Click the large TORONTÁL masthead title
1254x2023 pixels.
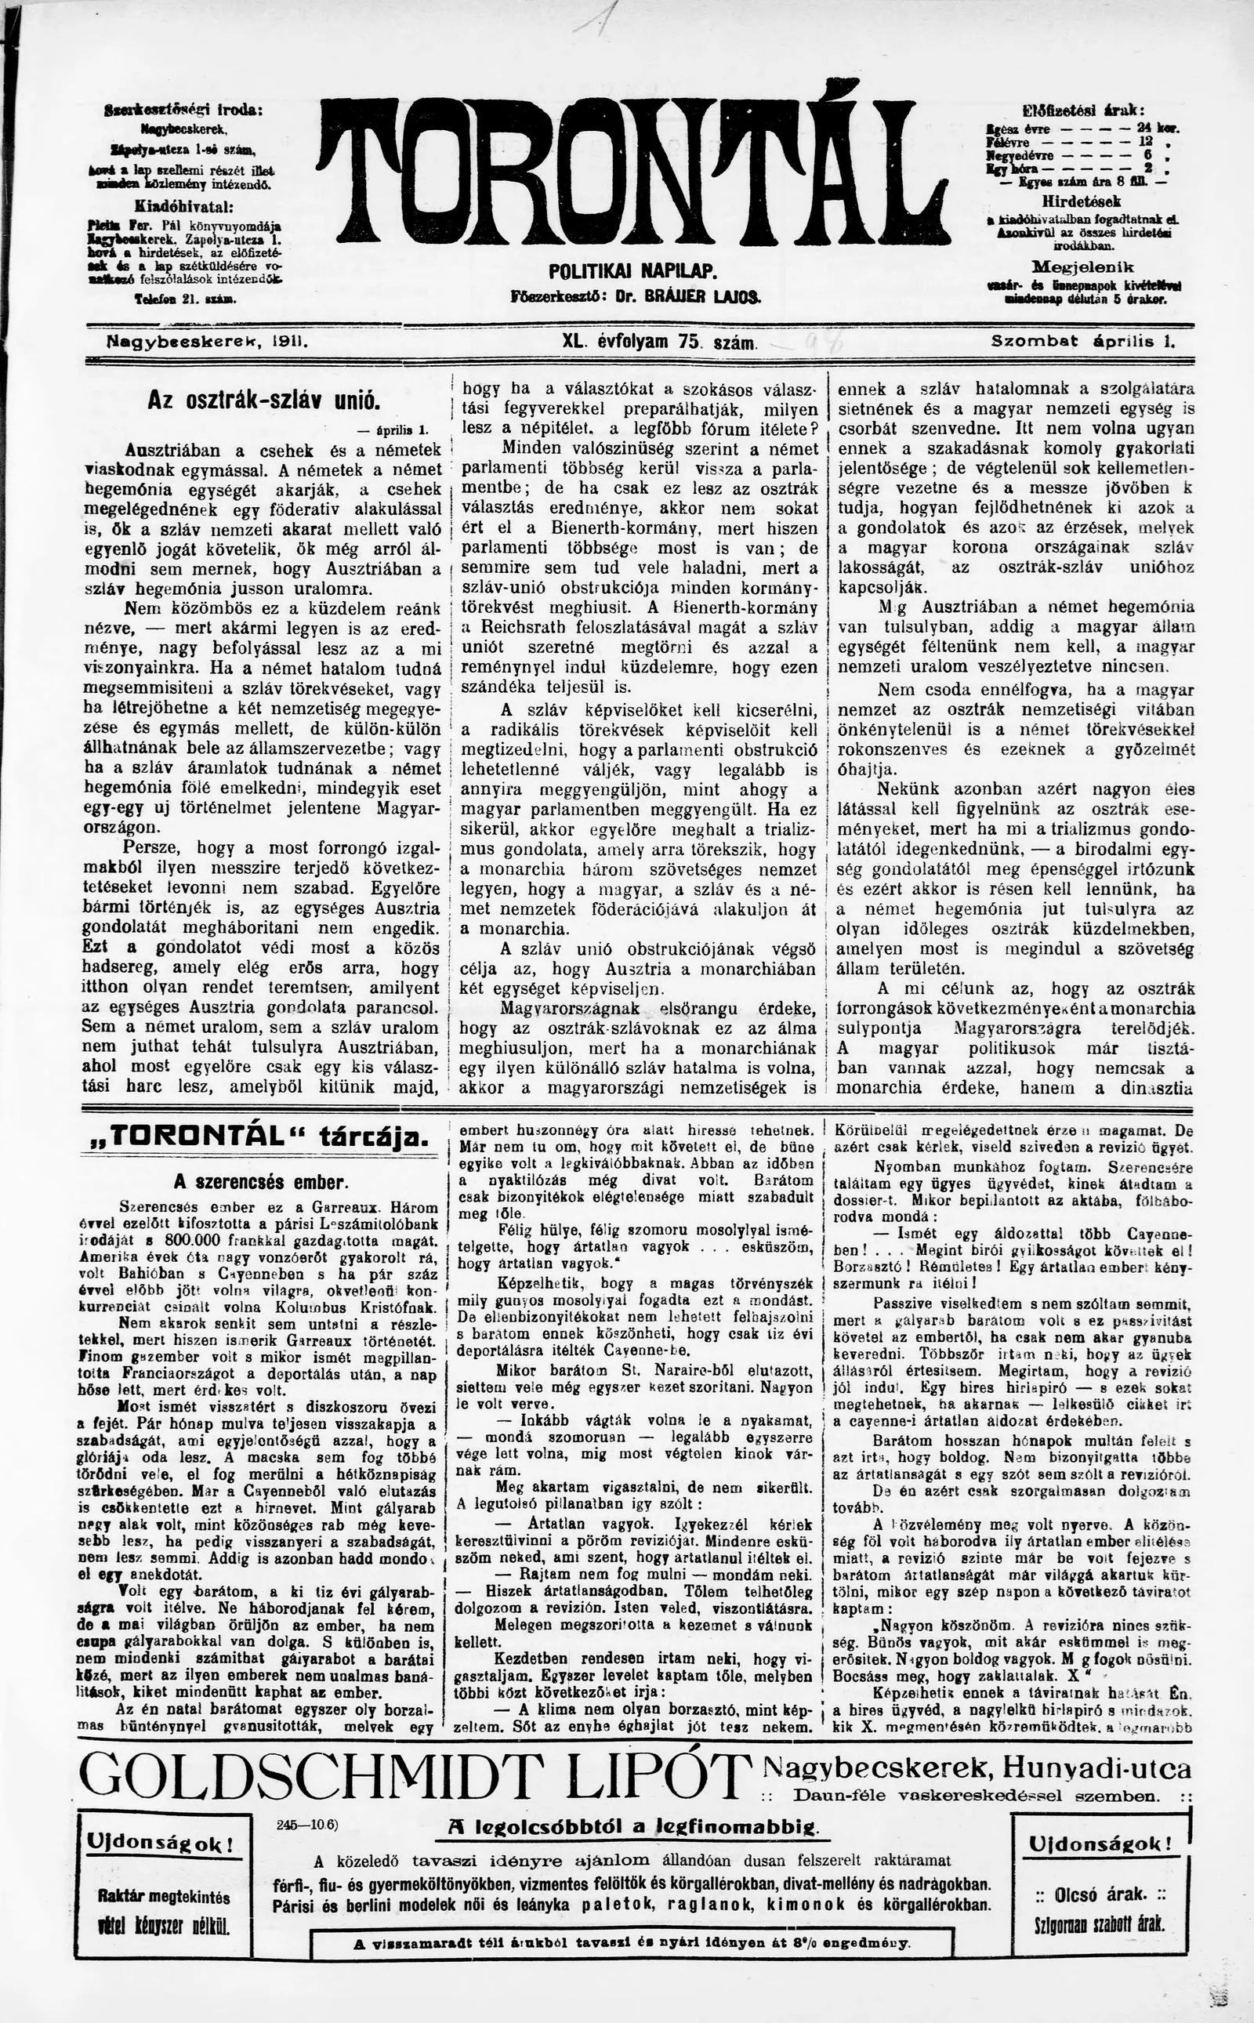pos(632,171)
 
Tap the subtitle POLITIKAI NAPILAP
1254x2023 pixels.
pos(632,272)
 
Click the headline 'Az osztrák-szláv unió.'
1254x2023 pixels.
pos(264,401)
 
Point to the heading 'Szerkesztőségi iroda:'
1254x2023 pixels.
pos(184,111)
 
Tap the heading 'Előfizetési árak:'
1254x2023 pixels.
pos(1084,111)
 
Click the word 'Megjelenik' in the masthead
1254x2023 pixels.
pos(1082,267)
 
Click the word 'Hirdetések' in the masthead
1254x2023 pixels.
pos(1082,201)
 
